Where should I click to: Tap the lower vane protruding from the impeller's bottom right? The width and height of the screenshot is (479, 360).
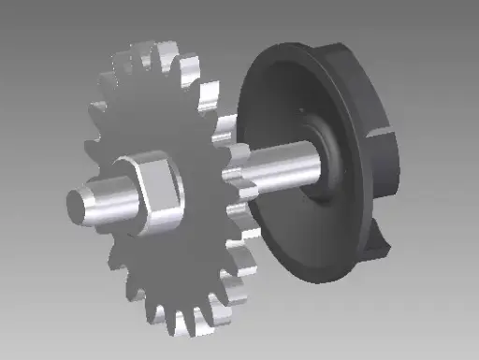[x=379, y=245]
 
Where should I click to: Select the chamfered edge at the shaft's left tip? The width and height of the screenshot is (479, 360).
[x=71, y=200]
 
